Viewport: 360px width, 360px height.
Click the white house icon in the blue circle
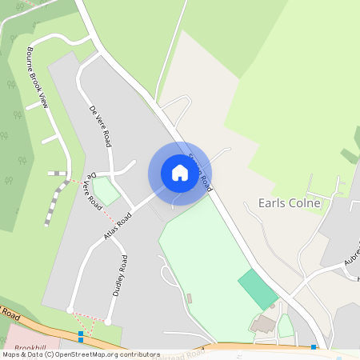[179, 173]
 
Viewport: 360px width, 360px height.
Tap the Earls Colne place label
[289, 203]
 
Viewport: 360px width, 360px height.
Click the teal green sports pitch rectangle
[258, 289]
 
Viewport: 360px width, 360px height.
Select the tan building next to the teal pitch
[264, 324]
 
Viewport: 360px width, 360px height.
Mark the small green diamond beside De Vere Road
[106, 192]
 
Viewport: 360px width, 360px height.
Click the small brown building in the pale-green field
[190, 298]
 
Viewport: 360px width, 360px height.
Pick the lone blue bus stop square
[314, 347]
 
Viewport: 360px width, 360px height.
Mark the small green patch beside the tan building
[286, 326]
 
